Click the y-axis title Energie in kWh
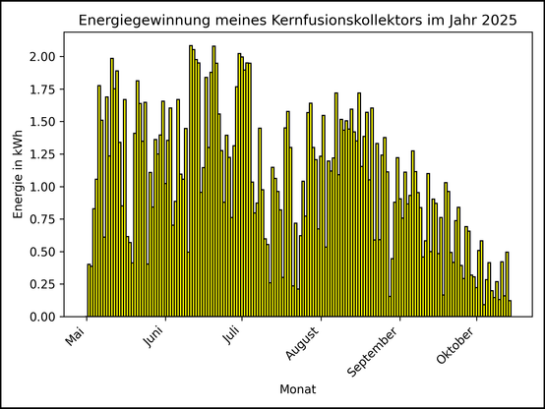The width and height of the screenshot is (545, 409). [x=19, y=174]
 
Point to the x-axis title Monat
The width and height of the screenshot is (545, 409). [x=297, y=390]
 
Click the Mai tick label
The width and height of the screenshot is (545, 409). [x=76, y=338]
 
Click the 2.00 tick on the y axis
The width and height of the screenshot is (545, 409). [x=43, y=57]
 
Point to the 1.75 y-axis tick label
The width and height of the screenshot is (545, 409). [x=43, y=89]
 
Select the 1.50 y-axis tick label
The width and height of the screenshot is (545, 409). [x=43, y=122]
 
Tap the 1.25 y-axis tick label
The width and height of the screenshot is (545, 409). [x=43, y=154]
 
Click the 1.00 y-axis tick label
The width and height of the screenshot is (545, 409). [x=43, y=187]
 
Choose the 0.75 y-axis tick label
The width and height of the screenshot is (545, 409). [x=43, y=219]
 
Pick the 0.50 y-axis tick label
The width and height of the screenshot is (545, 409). [x=43, y=252]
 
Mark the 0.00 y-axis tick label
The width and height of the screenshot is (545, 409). [x=43, y=317]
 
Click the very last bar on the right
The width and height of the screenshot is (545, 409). [x=510, y=309]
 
